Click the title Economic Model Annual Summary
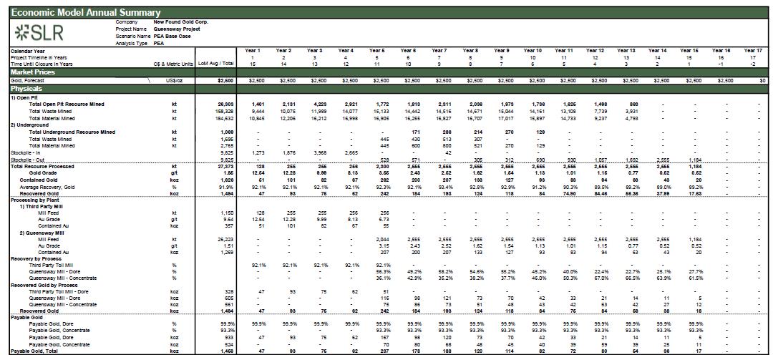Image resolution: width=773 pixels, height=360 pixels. (x=86, y=13)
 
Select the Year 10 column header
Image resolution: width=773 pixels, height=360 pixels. (x=532, y=51)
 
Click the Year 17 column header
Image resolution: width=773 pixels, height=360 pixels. (x=752, y=51)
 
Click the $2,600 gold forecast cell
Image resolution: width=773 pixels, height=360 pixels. (x=224, y=81)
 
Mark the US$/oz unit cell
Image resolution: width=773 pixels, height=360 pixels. (x=173, y=81)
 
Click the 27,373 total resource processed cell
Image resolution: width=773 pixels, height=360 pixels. (x=224, y=166)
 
